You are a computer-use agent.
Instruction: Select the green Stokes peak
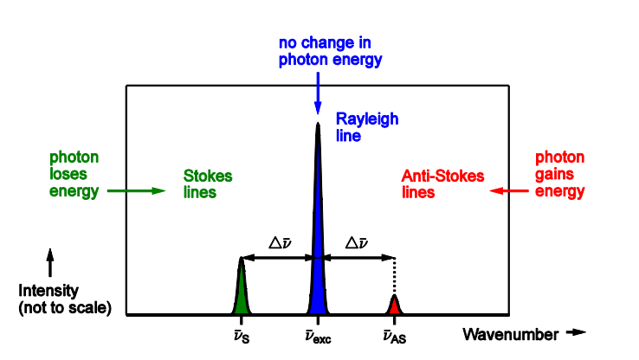[242, 294]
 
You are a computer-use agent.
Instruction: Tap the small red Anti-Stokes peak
[394, 305]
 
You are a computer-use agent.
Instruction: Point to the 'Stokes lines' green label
[208, 183]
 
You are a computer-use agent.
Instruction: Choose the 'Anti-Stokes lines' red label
[442, 183]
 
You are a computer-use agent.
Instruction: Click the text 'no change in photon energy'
[330, 51]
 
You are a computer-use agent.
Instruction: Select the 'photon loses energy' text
[74, 174]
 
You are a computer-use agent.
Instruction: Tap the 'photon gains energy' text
[559, 174]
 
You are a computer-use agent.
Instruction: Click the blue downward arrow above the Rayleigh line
[318, 90]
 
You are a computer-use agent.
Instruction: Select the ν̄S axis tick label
[242, 336]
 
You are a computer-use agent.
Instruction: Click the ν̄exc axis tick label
[318, 336]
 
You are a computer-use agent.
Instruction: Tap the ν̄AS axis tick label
[394, 336]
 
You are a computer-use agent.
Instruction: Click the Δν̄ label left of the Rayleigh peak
[279, 243]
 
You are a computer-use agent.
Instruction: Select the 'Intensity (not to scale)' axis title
[65, 299]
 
